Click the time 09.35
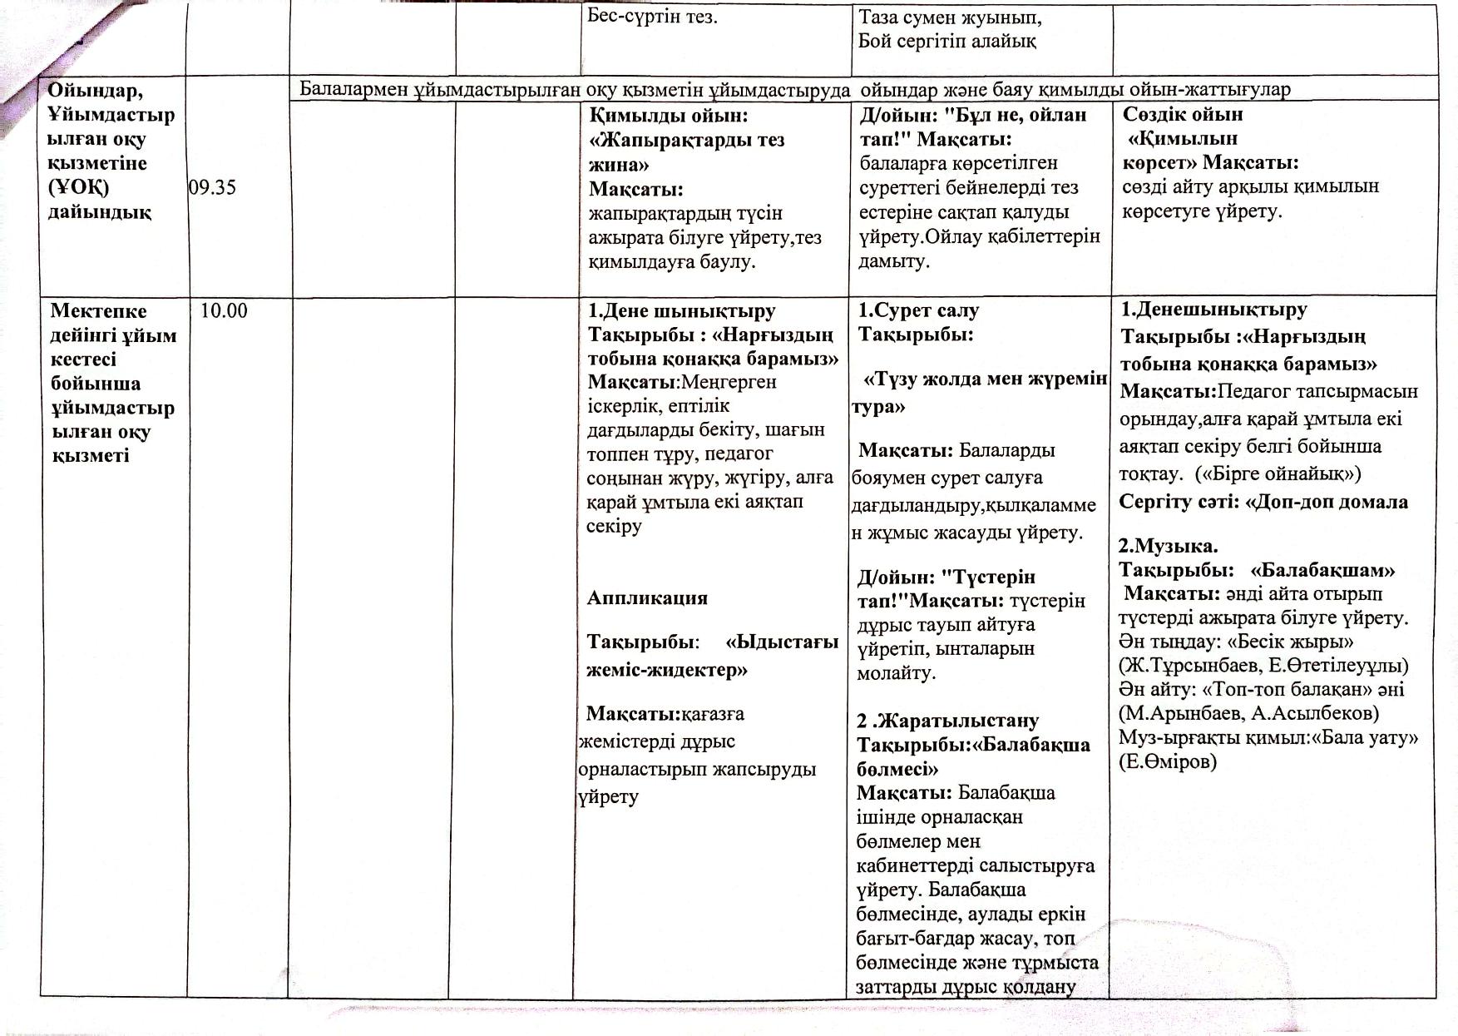point(213,187)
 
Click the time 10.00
point(224,311)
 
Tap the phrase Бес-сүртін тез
point(652,17)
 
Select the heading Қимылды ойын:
point(669,116)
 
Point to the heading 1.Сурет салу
point(918,310)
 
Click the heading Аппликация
point(647,597)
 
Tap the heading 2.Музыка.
point(1168,546)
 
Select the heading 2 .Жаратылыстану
point(948,720)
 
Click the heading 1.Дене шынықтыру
point(681,311)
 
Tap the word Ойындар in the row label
point(94,90)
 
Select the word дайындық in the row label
point(99,212)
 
